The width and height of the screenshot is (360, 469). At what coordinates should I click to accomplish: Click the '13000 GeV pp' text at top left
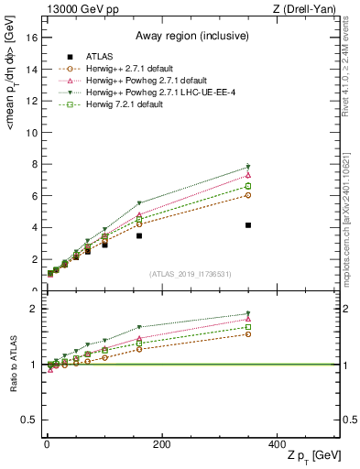80,9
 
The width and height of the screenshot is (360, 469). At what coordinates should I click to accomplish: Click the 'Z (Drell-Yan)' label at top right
308,9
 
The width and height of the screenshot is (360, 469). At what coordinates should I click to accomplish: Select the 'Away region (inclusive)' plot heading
192,36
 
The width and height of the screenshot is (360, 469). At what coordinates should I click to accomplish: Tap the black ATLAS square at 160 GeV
139,235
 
